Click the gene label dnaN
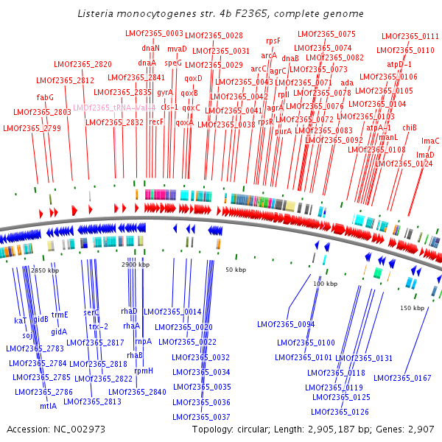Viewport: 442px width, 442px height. [x=150, y=48]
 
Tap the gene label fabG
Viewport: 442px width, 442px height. [x=45, y=97]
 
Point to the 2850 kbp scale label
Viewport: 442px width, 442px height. [x=46, y=271]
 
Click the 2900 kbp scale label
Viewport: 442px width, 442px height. [x=136, y=264]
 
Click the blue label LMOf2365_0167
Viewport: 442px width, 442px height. [x=402, y=379]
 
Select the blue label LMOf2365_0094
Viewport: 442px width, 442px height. [x=286, y=324]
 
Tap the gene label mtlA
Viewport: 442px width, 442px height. [x=48, y=406]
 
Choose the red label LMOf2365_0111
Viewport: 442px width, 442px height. [x=410, y=36]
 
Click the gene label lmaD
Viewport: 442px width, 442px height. [x=425, y=155]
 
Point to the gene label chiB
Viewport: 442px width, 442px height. [x=410, y=127]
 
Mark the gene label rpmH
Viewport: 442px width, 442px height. [x=144, y=371]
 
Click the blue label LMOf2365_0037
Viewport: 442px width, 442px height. [x=201, y=417]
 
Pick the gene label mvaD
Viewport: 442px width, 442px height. [x=177, y=49]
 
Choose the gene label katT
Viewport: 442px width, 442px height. [x=20, y=321]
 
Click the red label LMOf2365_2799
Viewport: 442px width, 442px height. [x=32, y=128]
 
